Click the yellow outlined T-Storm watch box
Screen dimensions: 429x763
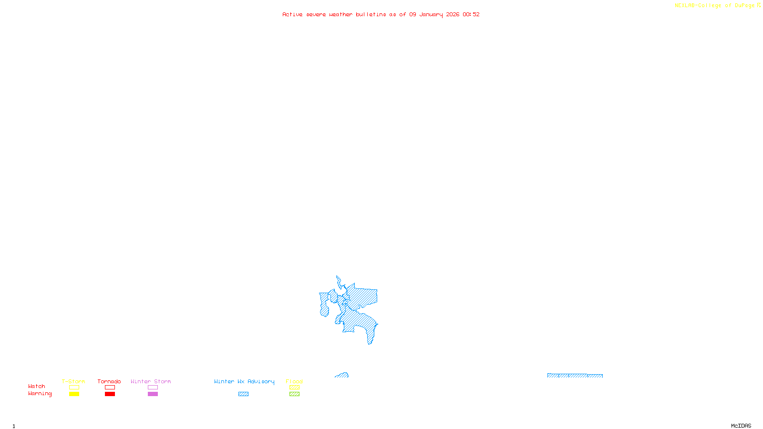click(74, 388)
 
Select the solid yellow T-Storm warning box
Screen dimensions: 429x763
click(74, 394)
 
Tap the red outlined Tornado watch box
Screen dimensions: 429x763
click(110, 388)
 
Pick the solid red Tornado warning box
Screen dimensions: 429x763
click(110, 394)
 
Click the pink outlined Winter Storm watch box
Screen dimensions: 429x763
click(153, 388)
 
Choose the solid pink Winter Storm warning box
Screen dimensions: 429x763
click(153, 394)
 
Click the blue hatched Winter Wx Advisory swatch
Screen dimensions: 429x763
click(243, 394)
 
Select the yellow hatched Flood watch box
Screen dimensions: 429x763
click(294, 388)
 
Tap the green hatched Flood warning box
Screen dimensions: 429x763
click(294, 394)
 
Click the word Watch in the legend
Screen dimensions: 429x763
click(37, 387)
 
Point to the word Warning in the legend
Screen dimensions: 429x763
click(40, 394)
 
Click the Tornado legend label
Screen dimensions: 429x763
click(109, 381)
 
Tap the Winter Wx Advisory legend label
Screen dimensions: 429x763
click(244, 381)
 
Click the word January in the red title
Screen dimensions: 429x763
click(431, 15)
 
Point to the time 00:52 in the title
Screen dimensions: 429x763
click(471, 15)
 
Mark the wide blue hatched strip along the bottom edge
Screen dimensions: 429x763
click(575, 376)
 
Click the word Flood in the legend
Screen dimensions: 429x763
click(294, 381)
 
